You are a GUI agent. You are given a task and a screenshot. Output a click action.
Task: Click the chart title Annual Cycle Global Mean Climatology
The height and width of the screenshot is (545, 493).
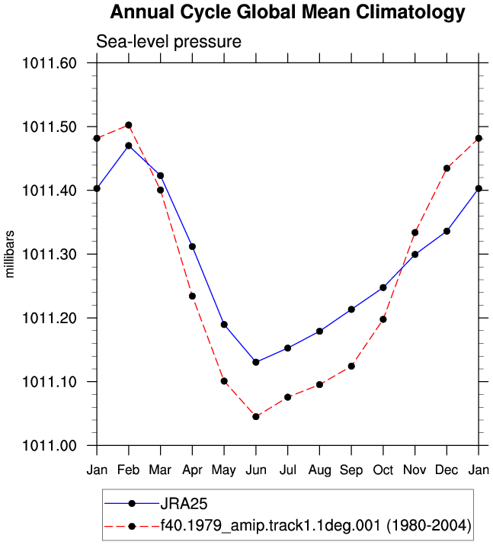(287, 12)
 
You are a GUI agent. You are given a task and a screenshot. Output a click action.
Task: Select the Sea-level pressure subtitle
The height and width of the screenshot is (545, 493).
(168, 42)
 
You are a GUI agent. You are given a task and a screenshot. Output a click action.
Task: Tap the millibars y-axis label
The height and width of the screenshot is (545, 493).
(10, 254)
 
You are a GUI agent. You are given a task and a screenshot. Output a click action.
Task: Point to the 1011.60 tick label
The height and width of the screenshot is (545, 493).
(50, 63)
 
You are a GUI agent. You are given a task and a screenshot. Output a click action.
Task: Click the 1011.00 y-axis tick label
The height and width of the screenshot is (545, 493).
(50, 446)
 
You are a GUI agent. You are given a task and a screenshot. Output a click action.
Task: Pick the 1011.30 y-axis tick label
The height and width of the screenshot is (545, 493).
(50, 255)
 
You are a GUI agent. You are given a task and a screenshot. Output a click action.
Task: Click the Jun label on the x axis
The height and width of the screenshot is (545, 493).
(256, 470)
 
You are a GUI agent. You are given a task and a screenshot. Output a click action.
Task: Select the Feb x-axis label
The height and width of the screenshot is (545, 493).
(128, 470)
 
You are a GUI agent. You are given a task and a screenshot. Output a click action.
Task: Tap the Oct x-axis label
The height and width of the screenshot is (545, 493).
(383, 470)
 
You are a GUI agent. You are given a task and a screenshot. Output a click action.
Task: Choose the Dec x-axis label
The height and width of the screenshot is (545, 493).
(447, 470)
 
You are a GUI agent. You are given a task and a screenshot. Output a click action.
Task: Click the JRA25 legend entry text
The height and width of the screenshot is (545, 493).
(184, 503)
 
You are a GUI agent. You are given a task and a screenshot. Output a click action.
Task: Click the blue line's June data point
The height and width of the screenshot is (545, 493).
(256, 362)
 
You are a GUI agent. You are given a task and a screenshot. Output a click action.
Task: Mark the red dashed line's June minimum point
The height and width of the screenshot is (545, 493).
(256, 417)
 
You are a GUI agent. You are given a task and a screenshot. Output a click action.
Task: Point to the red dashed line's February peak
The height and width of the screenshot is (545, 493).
(129, 125)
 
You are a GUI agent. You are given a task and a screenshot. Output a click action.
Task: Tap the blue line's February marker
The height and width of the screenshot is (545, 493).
(129, 146)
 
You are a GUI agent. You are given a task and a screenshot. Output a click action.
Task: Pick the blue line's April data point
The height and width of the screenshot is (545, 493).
(192, 247)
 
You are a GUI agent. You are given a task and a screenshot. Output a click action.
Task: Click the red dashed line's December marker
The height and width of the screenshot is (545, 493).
(447, 168)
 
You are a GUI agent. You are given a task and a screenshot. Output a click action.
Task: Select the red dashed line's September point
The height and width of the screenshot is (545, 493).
(351, 367)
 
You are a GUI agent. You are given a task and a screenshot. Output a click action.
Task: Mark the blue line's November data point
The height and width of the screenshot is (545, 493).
(415, 255)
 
